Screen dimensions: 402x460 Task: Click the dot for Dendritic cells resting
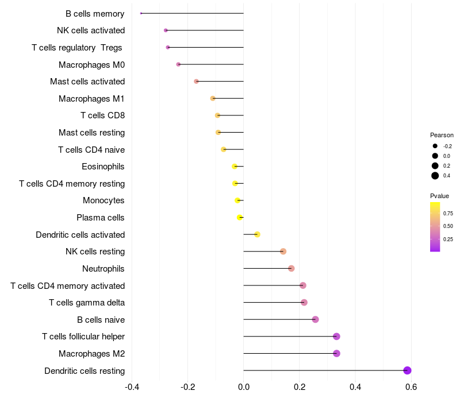point(407,370)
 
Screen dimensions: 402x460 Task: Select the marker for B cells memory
point(141,13)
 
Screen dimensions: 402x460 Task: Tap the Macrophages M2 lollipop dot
point(336,353)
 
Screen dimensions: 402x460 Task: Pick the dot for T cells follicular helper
point(336,337)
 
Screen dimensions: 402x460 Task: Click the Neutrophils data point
point(291,268)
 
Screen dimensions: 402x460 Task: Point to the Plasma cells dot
point(240,217)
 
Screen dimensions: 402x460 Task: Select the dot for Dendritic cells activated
point(257,234)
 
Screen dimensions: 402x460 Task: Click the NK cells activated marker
point(166,30)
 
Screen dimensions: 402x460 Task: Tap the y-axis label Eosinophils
point(103,167)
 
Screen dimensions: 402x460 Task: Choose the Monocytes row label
point(103,200)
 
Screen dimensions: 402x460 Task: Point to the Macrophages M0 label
point(91,64)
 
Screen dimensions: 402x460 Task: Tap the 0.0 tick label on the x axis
point(244,387)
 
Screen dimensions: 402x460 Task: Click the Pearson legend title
point(442,135)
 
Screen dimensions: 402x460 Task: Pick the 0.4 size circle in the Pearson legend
point(435,176)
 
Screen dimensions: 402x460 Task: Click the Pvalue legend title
point(439,196)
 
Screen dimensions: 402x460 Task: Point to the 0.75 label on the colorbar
point(448,213)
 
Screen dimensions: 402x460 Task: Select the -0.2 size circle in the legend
point(435,146)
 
